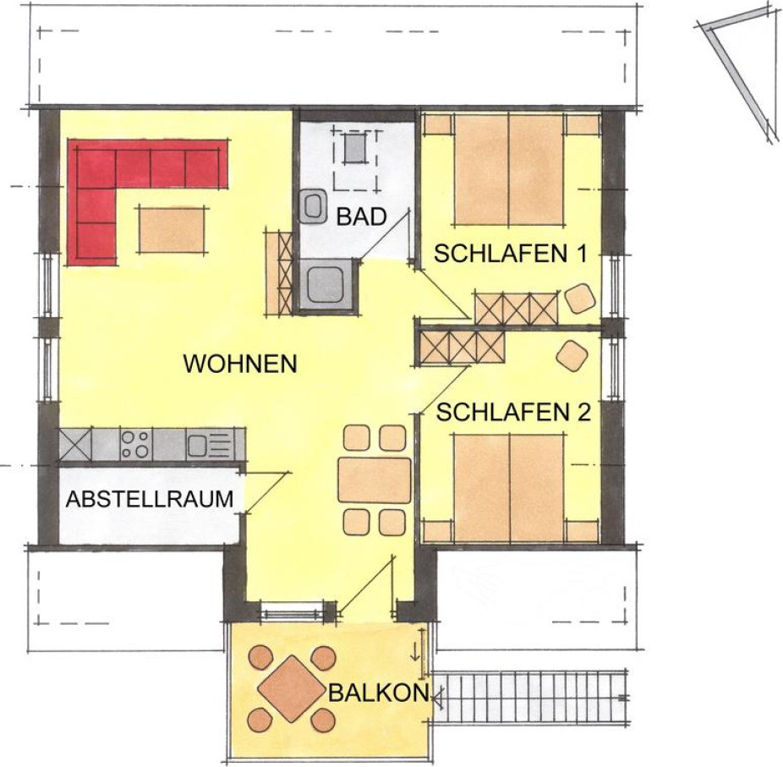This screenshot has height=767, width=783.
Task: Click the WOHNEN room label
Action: pyautogui.click(x=240, y=364)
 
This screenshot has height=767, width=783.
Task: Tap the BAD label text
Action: pyautogui.click(x=362, y=216)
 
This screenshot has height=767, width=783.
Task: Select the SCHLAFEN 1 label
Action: pyautogui.click(x=510, y=254)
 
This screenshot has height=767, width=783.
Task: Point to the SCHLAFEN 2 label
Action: pyautogui.click(x=514, y=413)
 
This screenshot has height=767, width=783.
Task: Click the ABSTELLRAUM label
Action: pyautogui.click(x=150, y=499)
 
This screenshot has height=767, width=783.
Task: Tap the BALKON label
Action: pyautogui.click(x=379, y=693)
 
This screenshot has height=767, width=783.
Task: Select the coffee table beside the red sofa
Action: pyautogui.click(x=172, y=230)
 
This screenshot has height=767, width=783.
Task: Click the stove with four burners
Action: pyautogui.click(x=136, y=444)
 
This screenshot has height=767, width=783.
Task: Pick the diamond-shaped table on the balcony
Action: pyautogui.click(x=291, y=688)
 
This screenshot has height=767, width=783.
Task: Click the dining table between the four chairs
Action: pyautogui.click(x=375, y=479)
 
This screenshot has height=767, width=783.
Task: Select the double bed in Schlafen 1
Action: pyautogui.click(x=509, y=170)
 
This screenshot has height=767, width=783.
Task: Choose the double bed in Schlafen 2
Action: pyautogui.click(x=509, y=488)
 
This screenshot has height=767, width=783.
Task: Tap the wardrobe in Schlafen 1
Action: pyautogui.click(x=517, y=310)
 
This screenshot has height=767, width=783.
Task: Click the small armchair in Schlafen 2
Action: pyautogui.click(x=572, y=355)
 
